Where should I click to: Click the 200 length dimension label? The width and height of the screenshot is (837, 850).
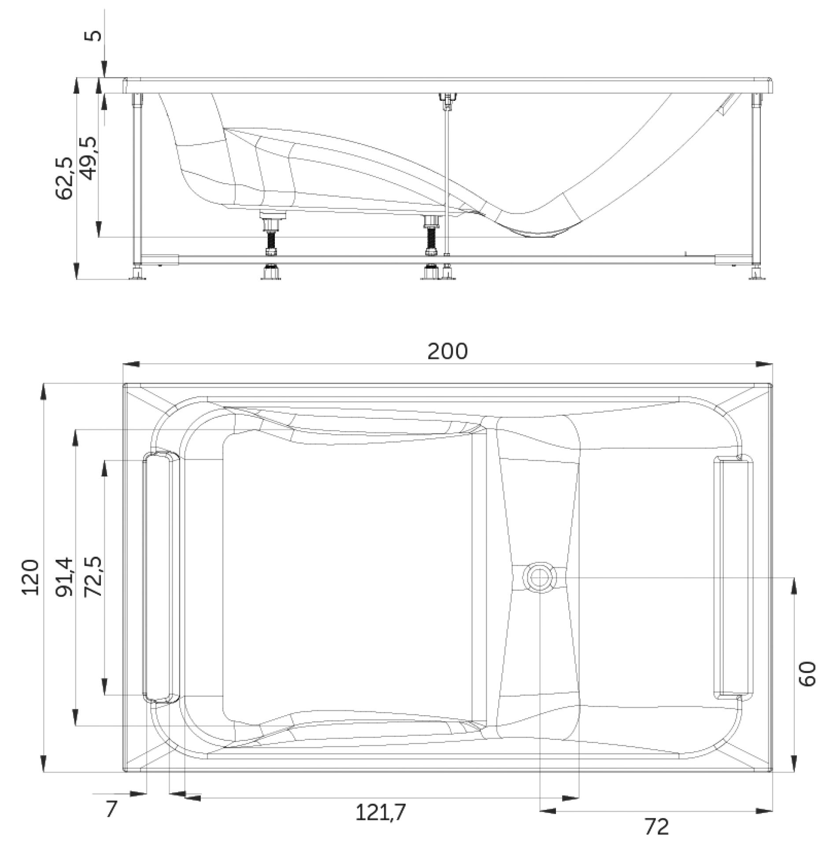click(447, 351)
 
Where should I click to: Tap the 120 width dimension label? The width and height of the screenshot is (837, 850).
click(31, 577)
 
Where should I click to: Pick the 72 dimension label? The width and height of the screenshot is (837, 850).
click(657, 826)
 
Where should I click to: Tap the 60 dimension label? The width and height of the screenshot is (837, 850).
click(807, 674)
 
